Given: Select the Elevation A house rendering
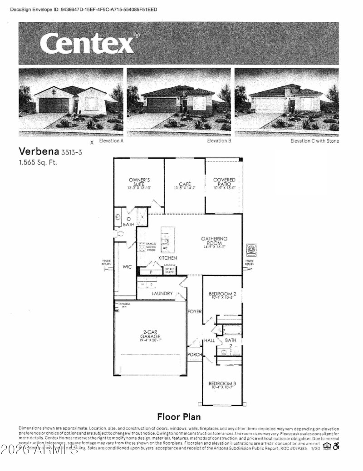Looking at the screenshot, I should tap(70, 102).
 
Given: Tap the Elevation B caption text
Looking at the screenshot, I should tap(219, 141).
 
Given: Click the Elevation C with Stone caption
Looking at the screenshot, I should tap(314, 141).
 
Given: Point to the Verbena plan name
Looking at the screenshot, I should tap(36, 151).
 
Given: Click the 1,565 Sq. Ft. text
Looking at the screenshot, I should tap(38, 162).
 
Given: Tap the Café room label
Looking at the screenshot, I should tap(184, 185).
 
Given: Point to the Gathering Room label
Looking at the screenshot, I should tap(214, 241).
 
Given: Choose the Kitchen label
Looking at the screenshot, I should tap(167, 258).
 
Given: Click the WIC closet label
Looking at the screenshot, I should tap(127, 267).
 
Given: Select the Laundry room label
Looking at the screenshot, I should tap(162, 294).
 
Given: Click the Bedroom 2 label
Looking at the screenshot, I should tap(222, 294).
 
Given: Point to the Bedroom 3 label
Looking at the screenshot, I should tap(222, 384).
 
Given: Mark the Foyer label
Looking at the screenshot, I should tap(194, 311).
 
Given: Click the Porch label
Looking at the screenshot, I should tap(194, 355).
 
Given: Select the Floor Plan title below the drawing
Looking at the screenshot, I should tap(179, 416).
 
